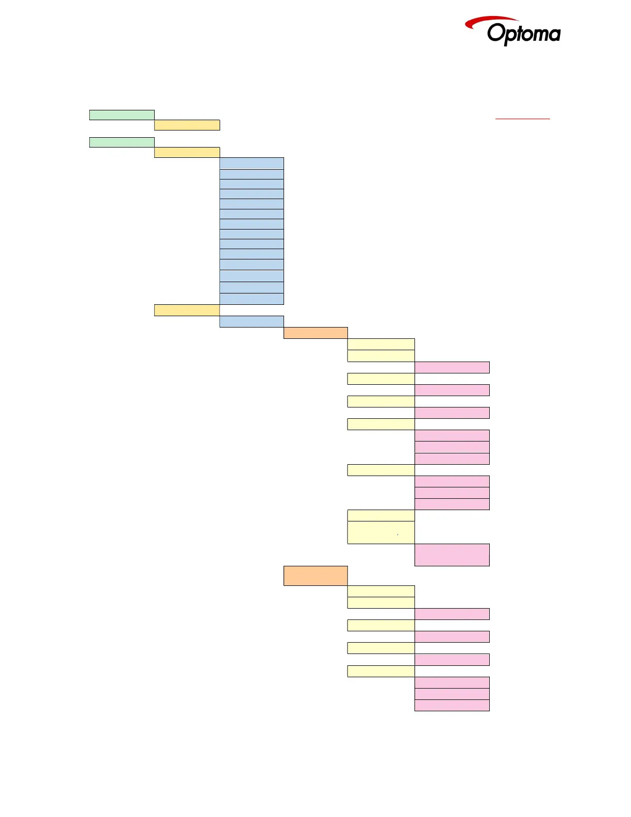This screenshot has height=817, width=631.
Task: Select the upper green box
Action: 122,115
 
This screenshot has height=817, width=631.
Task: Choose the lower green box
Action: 122,142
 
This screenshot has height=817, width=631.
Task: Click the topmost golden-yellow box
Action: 187,125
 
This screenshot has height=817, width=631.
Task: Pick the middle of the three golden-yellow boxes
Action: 187,152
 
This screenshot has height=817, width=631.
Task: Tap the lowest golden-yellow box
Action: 187,310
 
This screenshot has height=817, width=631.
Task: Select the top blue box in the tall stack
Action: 252,164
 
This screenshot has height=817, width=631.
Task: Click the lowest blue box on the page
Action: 252,321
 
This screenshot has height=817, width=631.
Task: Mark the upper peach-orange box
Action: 315,333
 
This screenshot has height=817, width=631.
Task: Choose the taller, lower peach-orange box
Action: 315,576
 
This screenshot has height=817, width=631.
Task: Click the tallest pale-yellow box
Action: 381,532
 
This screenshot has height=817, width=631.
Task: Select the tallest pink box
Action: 452,554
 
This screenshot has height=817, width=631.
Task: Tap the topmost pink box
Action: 452,367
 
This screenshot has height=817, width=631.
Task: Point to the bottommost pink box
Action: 452,705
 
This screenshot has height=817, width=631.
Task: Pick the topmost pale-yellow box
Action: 381,344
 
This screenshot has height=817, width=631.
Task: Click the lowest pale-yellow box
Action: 381,671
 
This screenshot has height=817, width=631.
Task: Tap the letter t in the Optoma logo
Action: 518,34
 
